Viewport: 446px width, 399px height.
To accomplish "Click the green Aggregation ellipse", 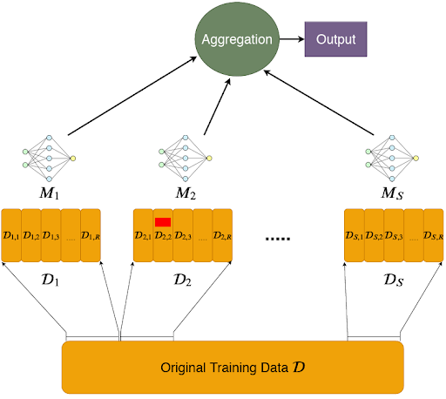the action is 237,39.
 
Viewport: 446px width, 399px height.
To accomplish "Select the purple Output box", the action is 335,39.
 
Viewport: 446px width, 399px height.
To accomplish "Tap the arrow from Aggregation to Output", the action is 292,39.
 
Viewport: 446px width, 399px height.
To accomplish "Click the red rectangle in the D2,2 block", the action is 163,222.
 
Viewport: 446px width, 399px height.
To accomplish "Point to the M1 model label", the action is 50,193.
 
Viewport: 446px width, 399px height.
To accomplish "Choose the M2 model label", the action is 186,193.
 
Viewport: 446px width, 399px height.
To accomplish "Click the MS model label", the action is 392,193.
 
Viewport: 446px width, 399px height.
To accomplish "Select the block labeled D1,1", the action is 11,235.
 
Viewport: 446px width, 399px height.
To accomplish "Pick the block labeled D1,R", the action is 91,235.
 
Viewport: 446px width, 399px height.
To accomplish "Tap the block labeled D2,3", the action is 183,235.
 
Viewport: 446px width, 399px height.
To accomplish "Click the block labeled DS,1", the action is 355,235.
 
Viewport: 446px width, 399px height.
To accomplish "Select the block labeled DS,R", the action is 434,235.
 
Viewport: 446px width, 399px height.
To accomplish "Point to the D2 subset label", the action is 183,281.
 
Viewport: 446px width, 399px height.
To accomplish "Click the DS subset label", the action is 394,281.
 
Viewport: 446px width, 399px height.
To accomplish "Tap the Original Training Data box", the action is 233,368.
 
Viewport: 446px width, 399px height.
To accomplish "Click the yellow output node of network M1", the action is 73,159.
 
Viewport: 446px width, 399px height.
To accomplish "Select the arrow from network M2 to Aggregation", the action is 217,106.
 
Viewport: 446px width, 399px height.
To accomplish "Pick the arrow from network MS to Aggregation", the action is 319,103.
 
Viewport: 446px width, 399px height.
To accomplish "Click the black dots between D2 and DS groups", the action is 278,239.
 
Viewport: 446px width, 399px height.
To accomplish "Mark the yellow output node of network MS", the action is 416,159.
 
